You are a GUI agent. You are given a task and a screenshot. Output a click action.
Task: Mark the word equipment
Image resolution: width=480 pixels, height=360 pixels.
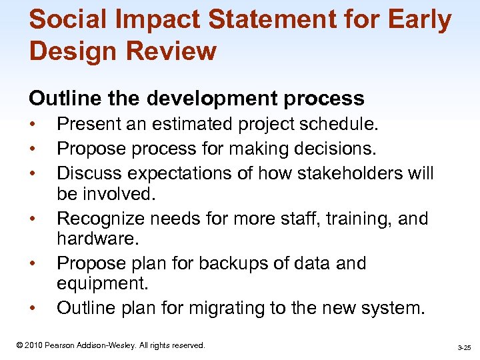100,283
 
